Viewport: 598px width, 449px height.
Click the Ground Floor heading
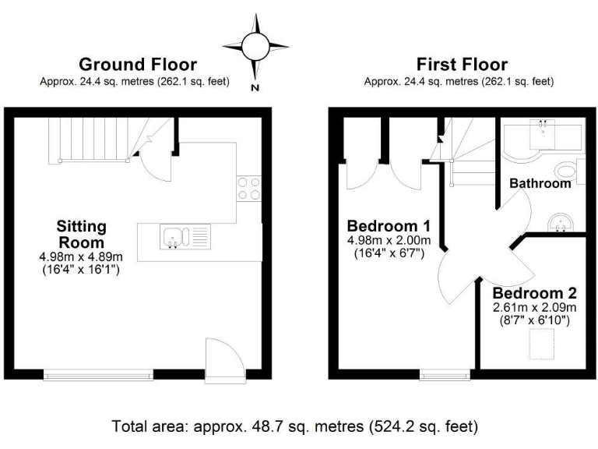[x=138, y=65]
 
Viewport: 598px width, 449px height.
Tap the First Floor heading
[x=461, y=65]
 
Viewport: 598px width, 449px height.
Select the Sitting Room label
[x=81, y=234]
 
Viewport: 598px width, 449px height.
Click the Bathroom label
[x=540, y=184]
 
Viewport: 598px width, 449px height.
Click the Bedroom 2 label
[x=534, y=294]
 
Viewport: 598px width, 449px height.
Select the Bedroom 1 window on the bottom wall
[x=445, y=375]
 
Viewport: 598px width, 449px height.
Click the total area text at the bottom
[x=295, y=426]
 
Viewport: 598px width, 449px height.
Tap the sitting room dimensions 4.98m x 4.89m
[x=81, y=256]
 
